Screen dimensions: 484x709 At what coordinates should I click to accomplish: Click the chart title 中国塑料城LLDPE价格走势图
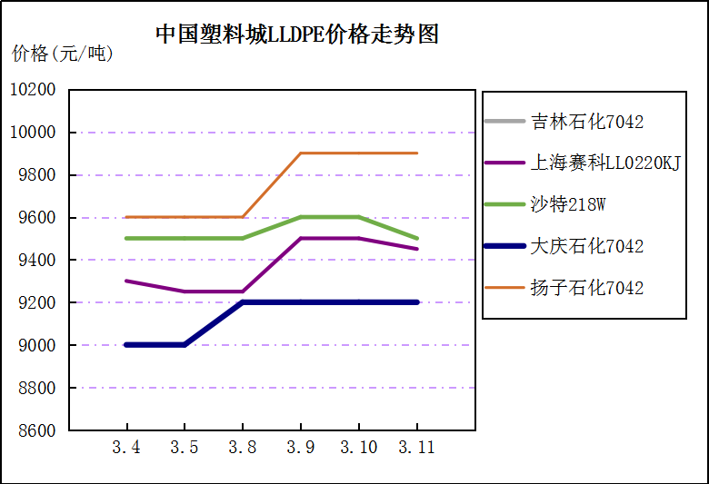tap(297, 35)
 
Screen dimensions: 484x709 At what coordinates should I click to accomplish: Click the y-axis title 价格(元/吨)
tap(63, 54)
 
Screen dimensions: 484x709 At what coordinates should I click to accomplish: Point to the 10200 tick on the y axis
tap(33, 90)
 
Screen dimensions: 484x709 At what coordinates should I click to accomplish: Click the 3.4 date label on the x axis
tap(126, 448)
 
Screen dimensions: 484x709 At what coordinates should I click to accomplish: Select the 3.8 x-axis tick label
tap(243, 448)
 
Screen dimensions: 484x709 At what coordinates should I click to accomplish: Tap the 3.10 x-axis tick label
tap(359, 448)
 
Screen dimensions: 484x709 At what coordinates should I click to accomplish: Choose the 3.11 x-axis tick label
tap(417, 448)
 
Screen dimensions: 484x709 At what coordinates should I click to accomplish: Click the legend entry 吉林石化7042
tap(586, 121)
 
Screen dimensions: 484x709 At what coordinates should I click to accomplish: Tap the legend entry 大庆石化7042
tap(586, 246)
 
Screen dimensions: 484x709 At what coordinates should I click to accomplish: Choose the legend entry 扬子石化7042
tap(586, 288)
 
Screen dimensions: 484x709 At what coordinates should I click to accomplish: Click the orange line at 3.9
tap(301, 153)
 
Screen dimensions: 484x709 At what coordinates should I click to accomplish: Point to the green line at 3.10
tap(359, 217)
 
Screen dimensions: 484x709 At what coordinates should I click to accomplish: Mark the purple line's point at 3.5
tap(185, 291)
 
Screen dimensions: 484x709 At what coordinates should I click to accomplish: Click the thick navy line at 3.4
tap(126, 345)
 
